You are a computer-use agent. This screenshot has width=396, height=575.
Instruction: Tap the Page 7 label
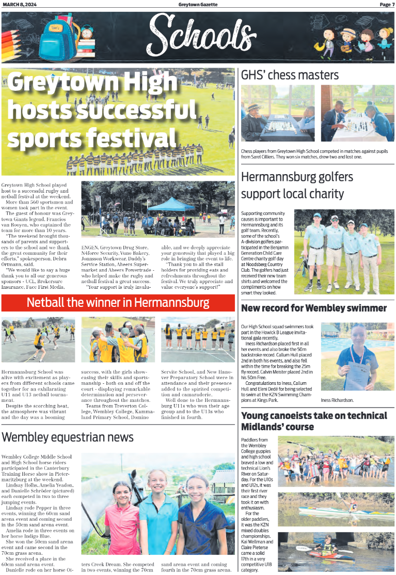(x=387, y=5)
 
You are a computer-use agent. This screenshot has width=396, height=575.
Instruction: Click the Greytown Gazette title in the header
(x=198, y=5)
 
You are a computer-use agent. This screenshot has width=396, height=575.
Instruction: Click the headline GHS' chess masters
(x=290, y=75)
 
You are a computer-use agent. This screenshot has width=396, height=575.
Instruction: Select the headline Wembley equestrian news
(x=68, y=437)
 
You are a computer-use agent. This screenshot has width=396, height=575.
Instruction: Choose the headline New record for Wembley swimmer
(x=314, y=308)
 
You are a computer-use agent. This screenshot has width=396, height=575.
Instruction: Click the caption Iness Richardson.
(x=338, y=400)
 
